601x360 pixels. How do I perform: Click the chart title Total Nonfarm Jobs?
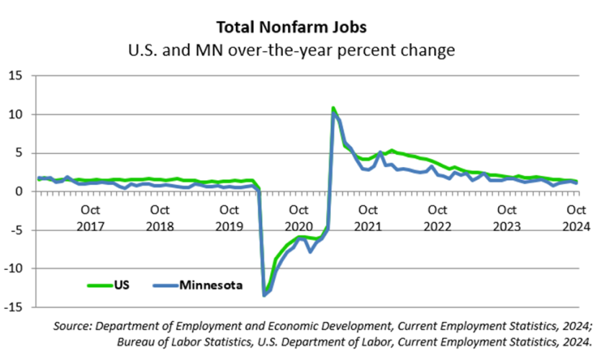(x=300, y=27)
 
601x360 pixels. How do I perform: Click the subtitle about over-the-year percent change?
(x=300, y=51)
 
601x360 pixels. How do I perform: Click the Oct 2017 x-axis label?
(x=90, y=217)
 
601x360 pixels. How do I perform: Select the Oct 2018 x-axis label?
(x=160, y=217)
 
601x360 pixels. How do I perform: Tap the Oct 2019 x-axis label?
(x=229, y=217)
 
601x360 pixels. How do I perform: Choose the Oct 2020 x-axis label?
(x=299, y=217)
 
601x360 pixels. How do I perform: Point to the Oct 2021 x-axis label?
(x=368, y=217)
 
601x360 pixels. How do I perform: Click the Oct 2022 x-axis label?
(x=438, y=217)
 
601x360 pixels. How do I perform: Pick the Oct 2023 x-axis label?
(x=507, y=217)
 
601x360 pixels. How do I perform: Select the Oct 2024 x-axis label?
(x=576, y=217)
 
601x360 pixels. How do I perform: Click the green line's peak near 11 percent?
(x=333, y=109)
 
